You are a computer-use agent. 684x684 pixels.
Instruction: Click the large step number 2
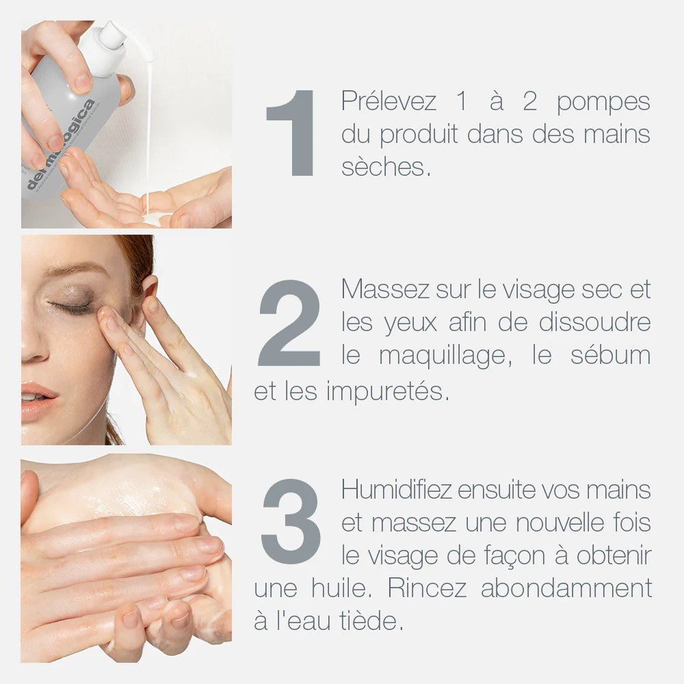289,323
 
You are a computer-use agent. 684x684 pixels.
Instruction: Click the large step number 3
291,521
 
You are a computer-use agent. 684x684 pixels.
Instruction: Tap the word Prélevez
389,101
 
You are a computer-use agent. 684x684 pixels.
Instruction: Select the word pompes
603,103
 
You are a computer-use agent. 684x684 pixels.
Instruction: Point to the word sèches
386,167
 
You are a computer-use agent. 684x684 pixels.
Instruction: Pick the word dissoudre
594,322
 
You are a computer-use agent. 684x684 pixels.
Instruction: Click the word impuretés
388,391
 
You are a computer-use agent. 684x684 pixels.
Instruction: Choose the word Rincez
427,588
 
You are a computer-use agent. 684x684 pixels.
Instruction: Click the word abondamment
566,588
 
